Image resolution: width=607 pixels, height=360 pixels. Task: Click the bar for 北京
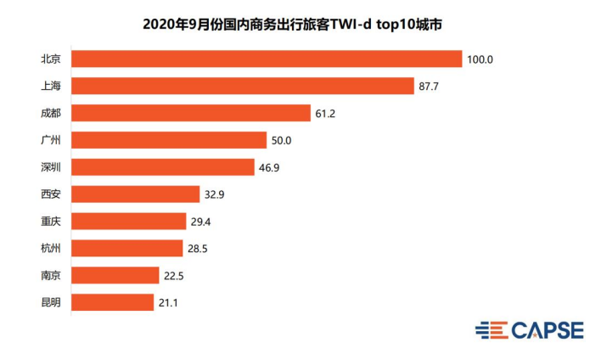tap(267, 59)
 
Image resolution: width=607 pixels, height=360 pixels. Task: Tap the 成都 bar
tap(191, 113)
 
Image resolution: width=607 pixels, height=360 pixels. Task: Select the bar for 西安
tap(136, 194)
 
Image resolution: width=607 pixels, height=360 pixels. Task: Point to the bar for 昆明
tap(113, 302)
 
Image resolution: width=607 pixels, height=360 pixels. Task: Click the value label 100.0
tap(480, 59)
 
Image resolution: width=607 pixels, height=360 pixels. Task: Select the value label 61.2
tap(327, 114)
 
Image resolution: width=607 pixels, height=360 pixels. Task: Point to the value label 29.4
tap(202, 222)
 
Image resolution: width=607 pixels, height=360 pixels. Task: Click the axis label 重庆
tap(51, 221)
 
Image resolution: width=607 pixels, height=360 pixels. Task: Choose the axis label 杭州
tap(51, 248)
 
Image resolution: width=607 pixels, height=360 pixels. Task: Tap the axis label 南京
tap(51, 275)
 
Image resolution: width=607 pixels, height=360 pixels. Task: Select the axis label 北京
tap(51, 59)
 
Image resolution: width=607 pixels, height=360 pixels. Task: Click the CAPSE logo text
tap(548, 330)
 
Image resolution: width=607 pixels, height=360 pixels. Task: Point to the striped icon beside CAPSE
tap(491, 330)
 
